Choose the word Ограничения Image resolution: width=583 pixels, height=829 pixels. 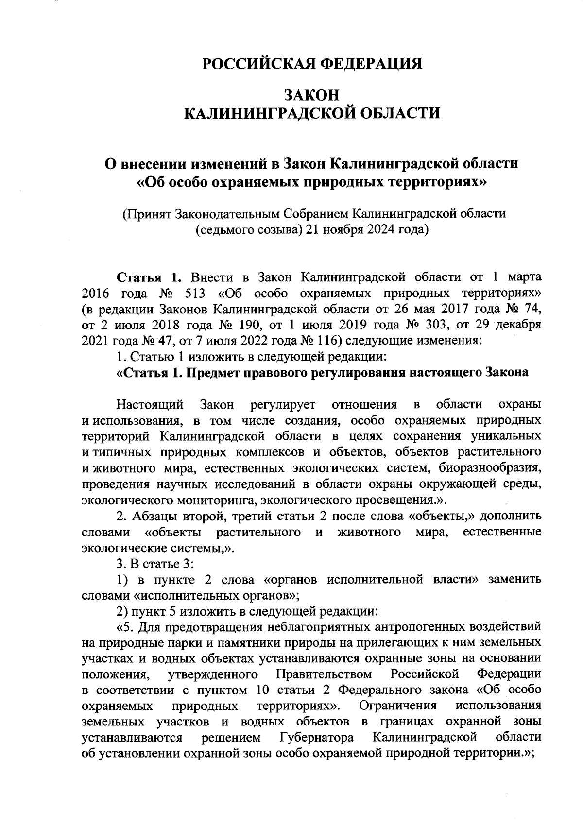pos(398,705)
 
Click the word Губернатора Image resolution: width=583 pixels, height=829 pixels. pos(317,737)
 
